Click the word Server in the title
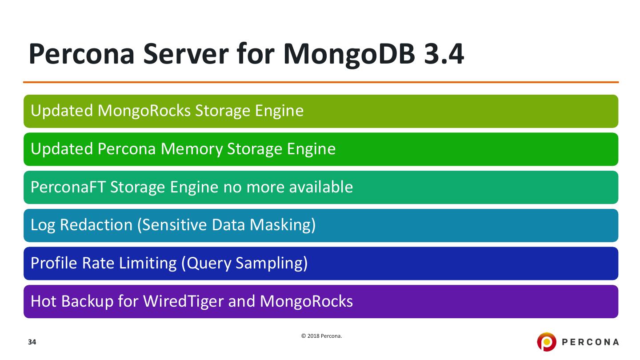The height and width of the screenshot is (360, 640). pyautogui.click(x=175, y=54)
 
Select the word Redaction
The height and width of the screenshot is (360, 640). pyautogui.click(x=96, y=225)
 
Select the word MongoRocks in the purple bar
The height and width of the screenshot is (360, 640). pyautogui.click(x=306, y=301)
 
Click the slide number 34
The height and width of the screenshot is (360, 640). pyautogui.click(x=32, y=342)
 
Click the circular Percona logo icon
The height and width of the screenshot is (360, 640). pyautogui.click(x=547, y=342)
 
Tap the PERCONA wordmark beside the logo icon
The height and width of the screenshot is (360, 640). pyautogui.click(x=590, y=342)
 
